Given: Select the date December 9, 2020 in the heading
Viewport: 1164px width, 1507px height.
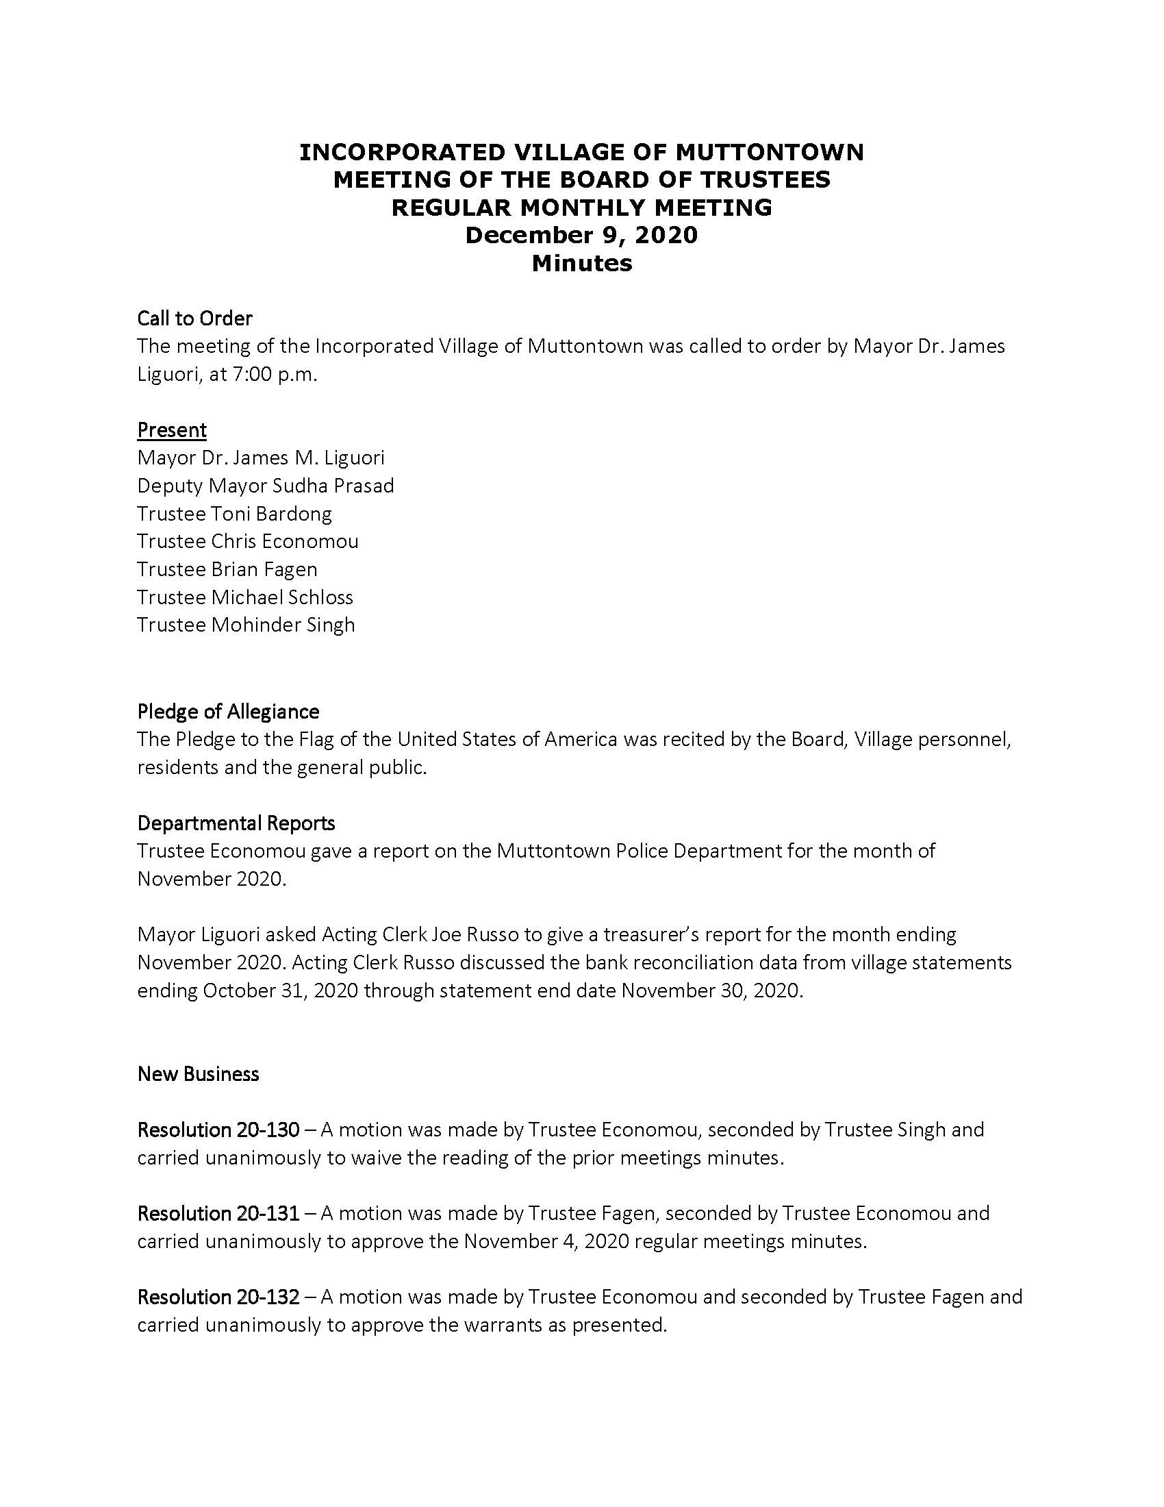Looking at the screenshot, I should click(x=581, y=235).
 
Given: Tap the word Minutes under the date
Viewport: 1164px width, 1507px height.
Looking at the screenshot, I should click(x=581, y=263).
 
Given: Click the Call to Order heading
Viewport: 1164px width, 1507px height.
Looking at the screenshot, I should click(x=194, y=318).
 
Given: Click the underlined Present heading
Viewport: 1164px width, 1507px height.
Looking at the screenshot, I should click(x=172, y=430).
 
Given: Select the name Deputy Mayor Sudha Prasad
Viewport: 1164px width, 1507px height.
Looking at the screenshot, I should click(x=266, y=486).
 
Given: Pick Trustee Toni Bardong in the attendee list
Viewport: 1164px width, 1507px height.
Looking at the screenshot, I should click(x=234, y=513).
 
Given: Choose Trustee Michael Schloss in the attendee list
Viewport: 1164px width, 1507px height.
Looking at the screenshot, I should click(x=245, y=597).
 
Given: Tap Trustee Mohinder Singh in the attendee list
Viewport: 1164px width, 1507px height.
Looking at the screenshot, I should click(x=246, y=625).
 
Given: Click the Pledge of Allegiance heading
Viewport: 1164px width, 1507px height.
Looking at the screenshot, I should click(x=228, y=712).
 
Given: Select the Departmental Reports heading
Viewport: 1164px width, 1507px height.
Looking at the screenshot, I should click(x=236, y=823).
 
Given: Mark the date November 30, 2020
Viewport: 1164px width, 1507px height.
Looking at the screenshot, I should click(x=711, y=991).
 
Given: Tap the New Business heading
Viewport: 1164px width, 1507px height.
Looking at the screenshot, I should click(x=198, y=1073).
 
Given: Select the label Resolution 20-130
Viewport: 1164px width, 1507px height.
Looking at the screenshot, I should click(x=218, y=1130).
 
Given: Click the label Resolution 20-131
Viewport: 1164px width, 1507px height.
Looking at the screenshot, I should click(x=218, y=1213).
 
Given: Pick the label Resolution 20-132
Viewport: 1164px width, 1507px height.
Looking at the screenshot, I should click(x=218, y=1297).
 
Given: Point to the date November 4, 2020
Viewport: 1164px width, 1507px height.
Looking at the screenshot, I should click(x=546, y=1241).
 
